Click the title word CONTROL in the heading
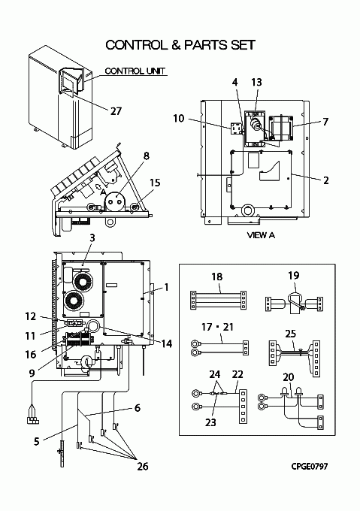[x=136, y=45]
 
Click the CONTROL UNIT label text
[x=135, y=71]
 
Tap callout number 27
[x=116, y=111]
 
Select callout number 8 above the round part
[x=147, y=156]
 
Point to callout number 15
[x=155, y=183]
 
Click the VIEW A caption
[x=261, y=235]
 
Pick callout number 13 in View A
[x=257, y=83]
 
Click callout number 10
[x=179, y=118]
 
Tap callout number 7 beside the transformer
[x=325, y=122]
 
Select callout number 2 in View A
[x=325, y=180]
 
